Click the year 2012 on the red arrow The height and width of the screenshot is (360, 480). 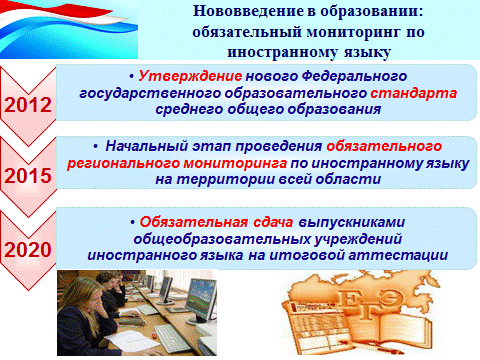click(28, 105)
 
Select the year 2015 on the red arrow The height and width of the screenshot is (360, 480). click(28, 175)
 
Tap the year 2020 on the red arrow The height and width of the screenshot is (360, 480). click(28, 249)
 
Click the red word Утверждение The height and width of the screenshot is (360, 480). click(190, 76)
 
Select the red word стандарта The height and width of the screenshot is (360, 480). click(413, 93)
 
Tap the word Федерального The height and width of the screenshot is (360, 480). click(354, 77)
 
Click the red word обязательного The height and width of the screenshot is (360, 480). click(384, 146)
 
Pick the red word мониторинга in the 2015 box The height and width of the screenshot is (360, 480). click(235, 163)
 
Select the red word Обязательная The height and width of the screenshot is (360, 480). click(193, 222)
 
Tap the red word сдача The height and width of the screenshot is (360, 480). click(273, 222)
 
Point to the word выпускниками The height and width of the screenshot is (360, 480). click(351, 223)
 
